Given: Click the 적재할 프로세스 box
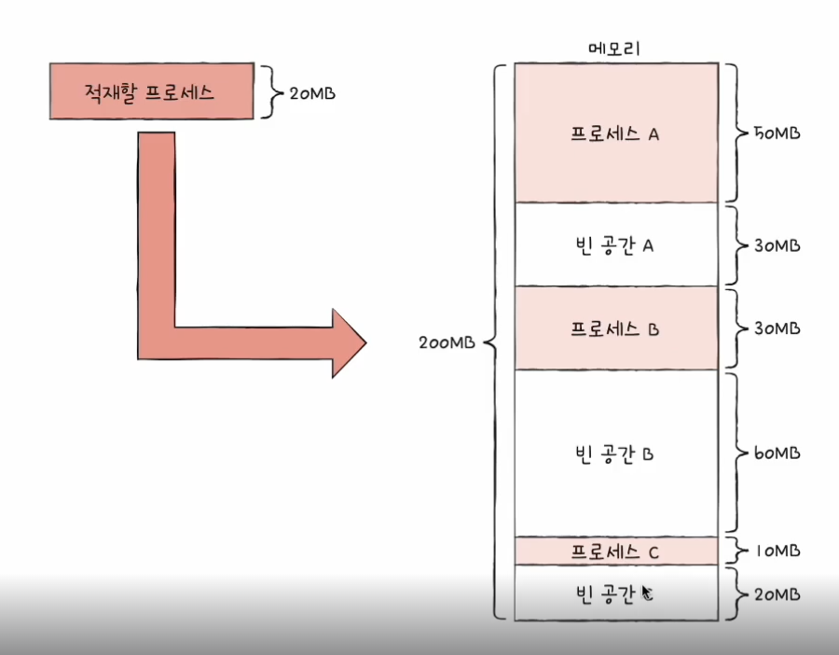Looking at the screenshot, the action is [x=151, y=91].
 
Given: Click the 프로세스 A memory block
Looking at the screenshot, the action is [x=615, y=133].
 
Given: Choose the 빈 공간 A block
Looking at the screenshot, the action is [x=615, y=244].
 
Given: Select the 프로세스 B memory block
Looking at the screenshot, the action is [x=615, y=328].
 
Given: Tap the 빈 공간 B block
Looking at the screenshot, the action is [x=615, y=453].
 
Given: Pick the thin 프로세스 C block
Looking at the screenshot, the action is [x=615, y=550].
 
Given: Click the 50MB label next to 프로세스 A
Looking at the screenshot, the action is [x=776, y=133].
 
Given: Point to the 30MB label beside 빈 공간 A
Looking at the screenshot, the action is [x=776, y=245].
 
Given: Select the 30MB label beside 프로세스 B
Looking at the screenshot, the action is [x=776, y=328].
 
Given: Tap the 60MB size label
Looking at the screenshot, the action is [x=776, y=453].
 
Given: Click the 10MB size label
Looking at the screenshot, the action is [x=776, y=550].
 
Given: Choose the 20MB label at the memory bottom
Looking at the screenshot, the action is [x=776, y=594].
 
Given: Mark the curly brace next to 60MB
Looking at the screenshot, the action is [x=736, y=453].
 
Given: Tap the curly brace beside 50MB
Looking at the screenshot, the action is [x=736, y=133].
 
